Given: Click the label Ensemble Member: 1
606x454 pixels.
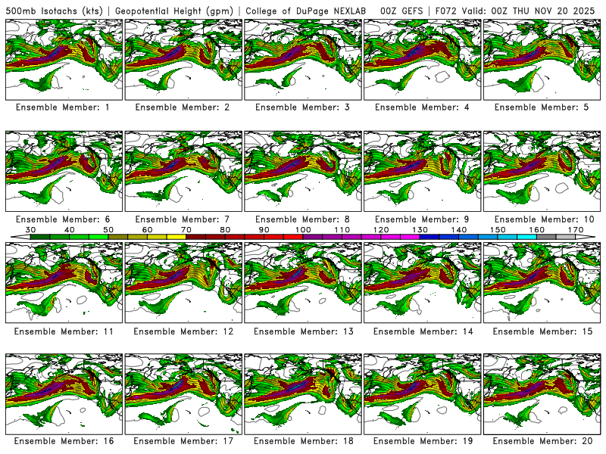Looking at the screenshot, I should tap(63, 107).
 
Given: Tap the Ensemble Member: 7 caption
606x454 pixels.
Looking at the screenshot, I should tap(183, 219).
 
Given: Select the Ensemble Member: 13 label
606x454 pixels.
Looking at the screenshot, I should tap(302, 331).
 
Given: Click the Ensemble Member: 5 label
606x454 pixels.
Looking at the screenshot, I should tap(542, 107).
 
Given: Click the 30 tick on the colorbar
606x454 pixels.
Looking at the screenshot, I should tap(32, 229).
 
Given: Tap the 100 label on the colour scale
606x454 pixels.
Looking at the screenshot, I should tap(303, 229).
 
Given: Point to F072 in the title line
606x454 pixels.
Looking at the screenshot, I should tap(446, 10).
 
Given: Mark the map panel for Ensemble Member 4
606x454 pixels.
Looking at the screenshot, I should tap(422, 59).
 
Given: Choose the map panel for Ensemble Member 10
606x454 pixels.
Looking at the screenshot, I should tap(542, 171).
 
